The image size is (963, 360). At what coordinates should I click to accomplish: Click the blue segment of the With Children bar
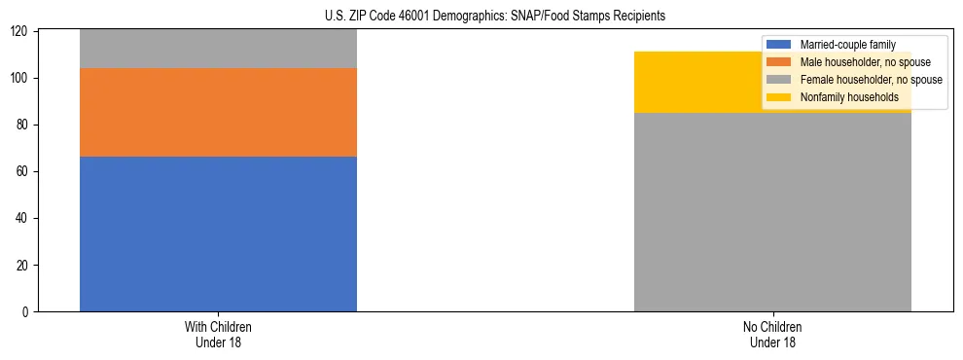coord(218,234)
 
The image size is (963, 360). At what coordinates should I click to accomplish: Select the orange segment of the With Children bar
coord(218,112)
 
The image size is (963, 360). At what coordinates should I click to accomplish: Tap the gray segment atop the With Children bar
coord(218,49)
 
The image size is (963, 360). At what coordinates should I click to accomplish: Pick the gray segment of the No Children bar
coord(772,212)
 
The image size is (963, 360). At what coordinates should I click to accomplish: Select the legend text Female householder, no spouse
coord(870,80)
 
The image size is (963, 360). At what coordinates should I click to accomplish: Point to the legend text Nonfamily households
coord(848,97)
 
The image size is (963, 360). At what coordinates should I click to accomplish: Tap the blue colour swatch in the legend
coord(779,45)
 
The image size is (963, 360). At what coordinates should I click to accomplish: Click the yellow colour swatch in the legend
coord(779,97)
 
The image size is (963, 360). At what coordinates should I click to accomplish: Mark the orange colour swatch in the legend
coord(779,62)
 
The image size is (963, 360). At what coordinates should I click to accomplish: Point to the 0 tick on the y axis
coord(26,311)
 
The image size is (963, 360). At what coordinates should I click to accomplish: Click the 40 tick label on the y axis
coord(23,218)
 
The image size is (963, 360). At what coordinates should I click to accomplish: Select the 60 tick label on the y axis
coord(23,171)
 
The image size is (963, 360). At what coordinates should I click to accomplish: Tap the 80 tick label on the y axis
coord(23,125)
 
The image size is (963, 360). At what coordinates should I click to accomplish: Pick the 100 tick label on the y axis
coord(20,78)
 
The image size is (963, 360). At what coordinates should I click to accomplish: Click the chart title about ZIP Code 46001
coord(495,17)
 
